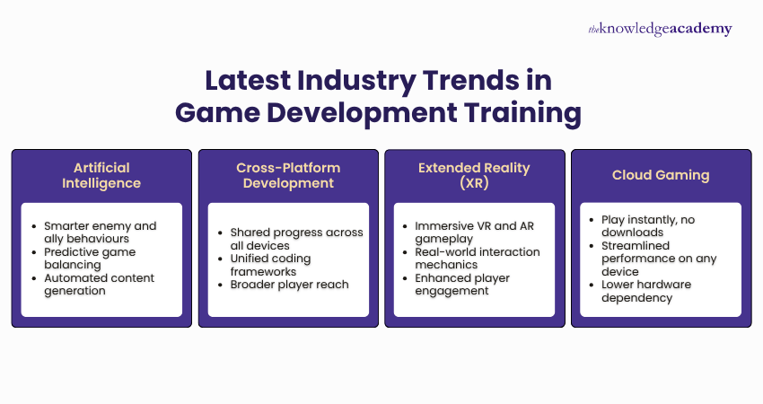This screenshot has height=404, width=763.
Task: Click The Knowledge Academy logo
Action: pyautogui.click(x=660, y=29)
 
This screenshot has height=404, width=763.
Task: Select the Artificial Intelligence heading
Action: pyautogui.click(x=101, y=175)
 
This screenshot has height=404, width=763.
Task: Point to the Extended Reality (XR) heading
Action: pyautogui.click(x=475, y=175)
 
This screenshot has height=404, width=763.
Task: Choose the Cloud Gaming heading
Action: pyautogui.click(x=661, y=175)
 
